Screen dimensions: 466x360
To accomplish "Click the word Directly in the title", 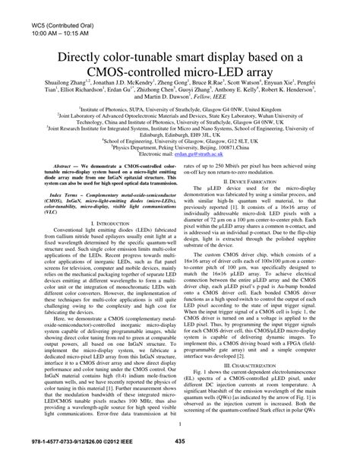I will [85, 58].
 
